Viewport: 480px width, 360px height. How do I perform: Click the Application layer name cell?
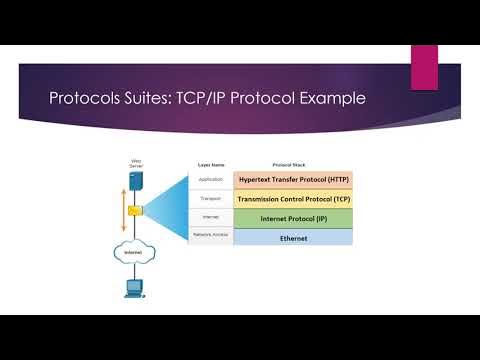[x=210, y=179]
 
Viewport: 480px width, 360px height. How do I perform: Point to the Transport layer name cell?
[x=210, y=198]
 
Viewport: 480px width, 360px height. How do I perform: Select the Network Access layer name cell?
[x=210, y=235]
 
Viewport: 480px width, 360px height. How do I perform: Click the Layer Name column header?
[x=210, y=164]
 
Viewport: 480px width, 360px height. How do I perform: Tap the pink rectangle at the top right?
[x=424, y=65]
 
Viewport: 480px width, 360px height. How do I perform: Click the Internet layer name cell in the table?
[x=210, y=217]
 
